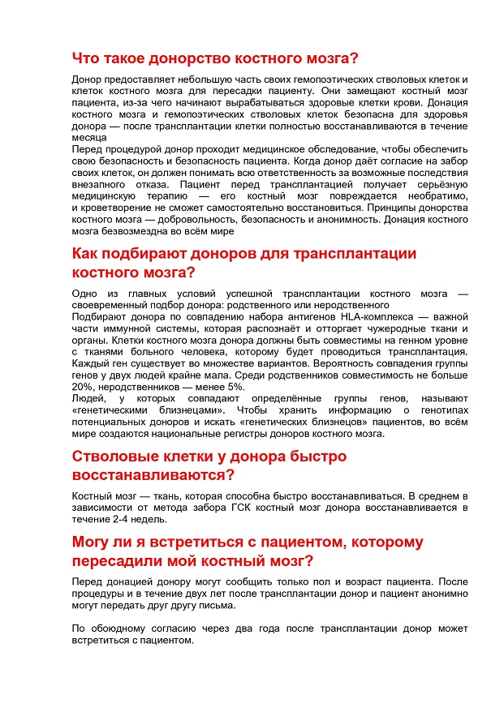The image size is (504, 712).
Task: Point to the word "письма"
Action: point(216,606)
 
